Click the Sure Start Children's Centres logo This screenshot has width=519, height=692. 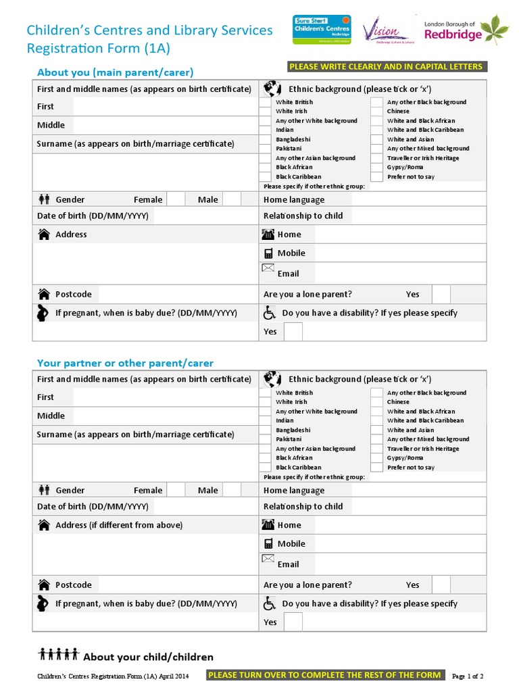[321, 30]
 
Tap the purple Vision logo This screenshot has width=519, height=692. [385, 30]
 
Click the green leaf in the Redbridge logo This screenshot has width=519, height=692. [499, 30]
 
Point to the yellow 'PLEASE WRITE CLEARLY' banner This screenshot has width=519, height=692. [385, 66]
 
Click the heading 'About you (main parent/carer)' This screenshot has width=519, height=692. [115, 72]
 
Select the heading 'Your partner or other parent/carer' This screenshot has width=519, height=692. [125, 363]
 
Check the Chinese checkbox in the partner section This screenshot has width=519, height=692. [376, 402]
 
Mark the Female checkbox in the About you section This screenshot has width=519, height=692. [176, 199]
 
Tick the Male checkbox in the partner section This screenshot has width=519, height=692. [232, 490]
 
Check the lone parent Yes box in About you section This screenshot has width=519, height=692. [441, 295]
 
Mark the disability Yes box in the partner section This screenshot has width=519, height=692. [293, 622]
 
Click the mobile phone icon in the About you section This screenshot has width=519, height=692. [268, 253]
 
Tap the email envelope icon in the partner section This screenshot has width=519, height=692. [268, 560]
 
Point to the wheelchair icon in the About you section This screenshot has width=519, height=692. [269, 313]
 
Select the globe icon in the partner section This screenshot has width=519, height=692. [272, 379]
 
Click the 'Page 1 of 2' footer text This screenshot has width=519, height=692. [467, 676]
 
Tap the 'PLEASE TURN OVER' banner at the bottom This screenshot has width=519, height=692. [325, 675]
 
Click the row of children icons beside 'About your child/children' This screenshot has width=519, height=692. [59, 654]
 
